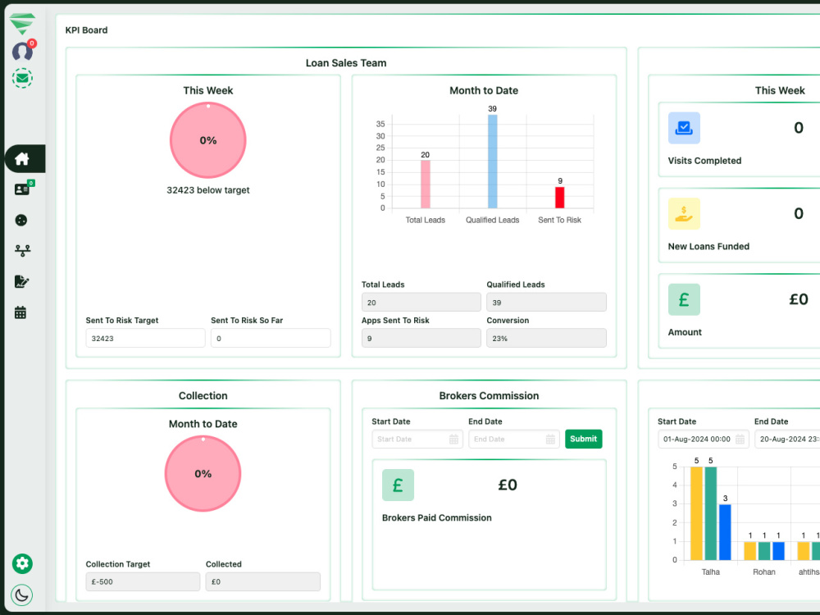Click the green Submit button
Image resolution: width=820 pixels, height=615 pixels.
point(583,439)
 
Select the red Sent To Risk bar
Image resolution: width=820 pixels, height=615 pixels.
point(559,197)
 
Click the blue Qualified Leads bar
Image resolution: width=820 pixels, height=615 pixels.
point(492,162)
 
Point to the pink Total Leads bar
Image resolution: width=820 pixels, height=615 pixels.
point(425,184)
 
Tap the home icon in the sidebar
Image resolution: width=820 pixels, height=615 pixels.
point(22,158)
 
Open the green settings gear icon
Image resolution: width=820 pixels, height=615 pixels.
point(22,563)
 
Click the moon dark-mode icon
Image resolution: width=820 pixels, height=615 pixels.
point(22,594)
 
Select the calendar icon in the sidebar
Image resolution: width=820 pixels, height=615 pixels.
point(20,312)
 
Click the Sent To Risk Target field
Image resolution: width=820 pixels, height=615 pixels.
point(145,338)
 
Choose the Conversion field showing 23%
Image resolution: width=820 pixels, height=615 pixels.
point(546,338)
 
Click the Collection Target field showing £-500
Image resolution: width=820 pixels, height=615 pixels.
point(143,581)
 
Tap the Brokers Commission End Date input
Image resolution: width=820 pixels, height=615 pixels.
point(513,439)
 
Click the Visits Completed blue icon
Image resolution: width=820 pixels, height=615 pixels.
point(684,128)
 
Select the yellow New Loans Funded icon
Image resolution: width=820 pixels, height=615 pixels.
point(684,214)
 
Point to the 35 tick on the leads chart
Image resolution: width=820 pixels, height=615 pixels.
point(380,124)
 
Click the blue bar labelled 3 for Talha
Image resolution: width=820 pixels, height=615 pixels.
point(725,532)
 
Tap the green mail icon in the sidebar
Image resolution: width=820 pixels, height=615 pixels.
point(22,79)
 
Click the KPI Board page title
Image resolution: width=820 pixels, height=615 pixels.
point(86,30)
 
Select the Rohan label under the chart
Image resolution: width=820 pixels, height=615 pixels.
point(764,572)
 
